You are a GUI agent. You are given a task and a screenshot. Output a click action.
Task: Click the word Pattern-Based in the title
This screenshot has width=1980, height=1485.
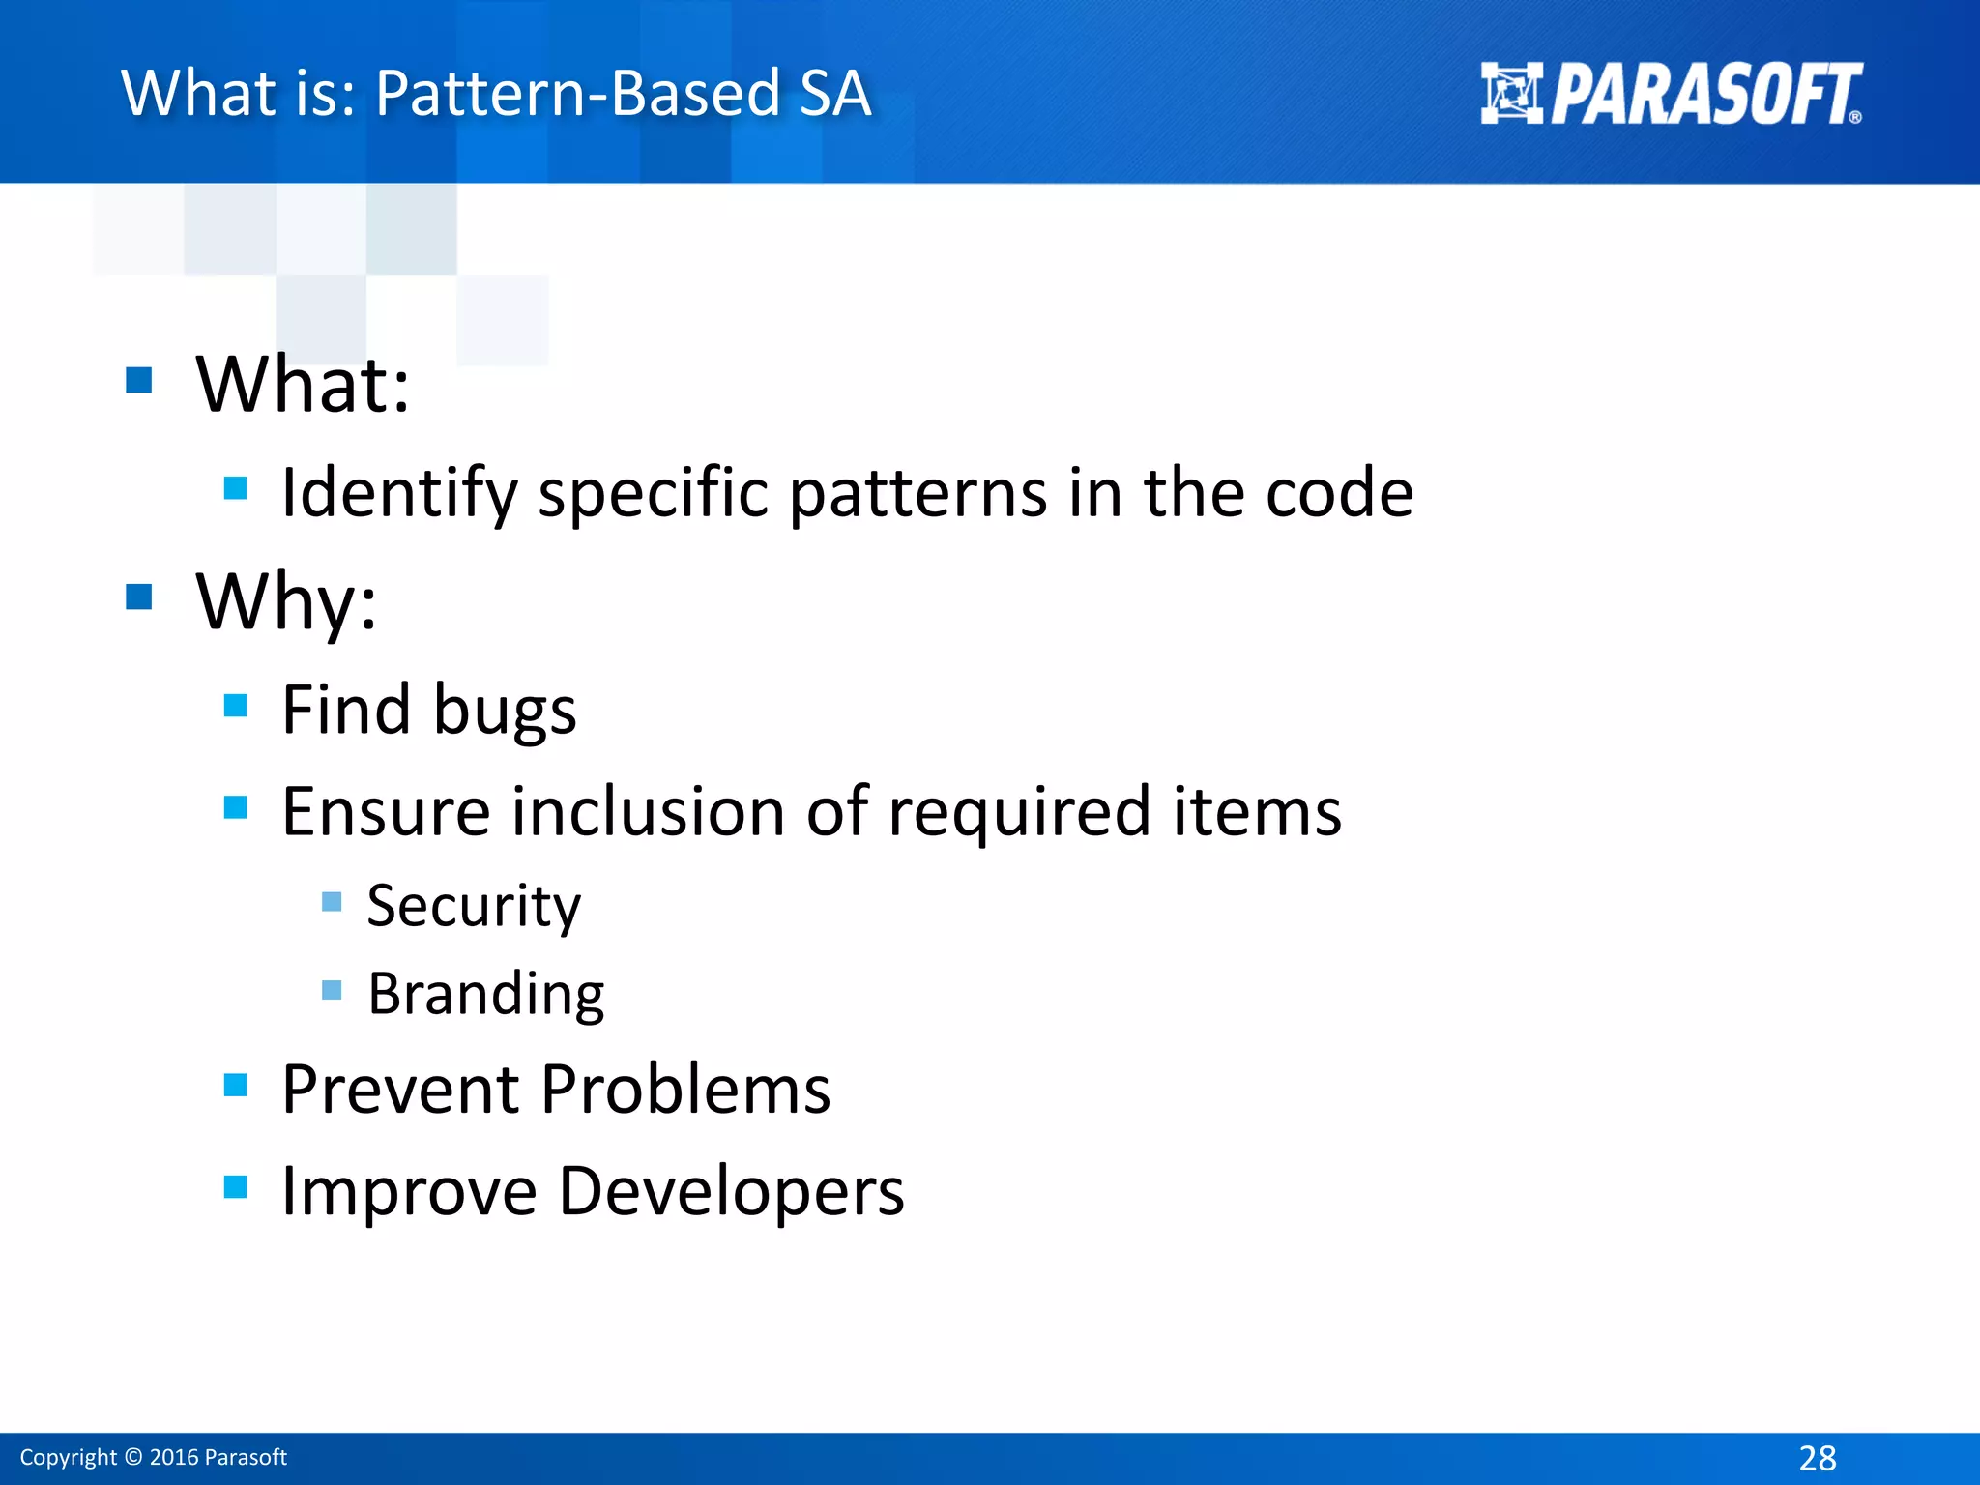[576, 94]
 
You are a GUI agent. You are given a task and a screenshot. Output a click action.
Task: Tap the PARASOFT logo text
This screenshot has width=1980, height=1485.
[1706, 95]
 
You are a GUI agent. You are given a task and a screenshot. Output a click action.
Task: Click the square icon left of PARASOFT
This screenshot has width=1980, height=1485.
[1511, 94]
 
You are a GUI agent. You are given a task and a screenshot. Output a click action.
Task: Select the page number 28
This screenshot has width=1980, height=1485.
[1818, 1458]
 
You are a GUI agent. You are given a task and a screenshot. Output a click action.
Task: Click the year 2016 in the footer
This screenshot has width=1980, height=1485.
[174, 1458]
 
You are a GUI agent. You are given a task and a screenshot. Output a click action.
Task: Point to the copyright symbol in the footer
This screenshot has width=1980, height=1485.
[133, 1458]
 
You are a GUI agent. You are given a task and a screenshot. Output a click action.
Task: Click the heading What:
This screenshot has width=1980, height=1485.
[303, 385]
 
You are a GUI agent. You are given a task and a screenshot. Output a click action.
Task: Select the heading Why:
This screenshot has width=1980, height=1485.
[286, 601]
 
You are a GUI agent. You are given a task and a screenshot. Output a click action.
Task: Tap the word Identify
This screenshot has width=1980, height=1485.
[399, 493]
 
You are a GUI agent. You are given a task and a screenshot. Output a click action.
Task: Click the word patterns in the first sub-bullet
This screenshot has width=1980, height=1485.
[918, 493]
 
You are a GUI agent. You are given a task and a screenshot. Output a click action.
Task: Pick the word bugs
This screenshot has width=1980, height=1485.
[505, 711]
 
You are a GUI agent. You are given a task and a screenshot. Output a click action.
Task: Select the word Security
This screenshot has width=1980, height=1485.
[474, 906]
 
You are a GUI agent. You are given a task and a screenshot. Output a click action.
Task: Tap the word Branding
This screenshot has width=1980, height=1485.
[486, 994]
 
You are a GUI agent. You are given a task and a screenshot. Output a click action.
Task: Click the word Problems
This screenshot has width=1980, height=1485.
[684, 1090]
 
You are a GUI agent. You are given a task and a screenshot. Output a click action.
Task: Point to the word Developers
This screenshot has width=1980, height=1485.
[731, 1190]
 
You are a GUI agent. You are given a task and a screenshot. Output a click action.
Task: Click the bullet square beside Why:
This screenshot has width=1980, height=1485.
[139, 597]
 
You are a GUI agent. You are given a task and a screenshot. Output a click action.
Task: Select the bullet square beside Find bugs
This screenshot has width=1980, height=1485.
[235, 706]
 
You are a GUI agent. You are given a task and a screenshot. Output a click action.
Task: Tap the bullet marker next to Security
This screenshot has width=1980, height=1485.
[332, 902]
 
